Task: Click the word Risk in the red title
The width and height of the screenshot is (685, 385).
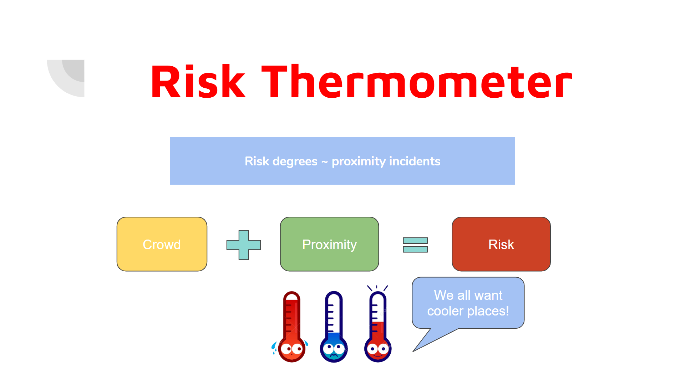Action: click(198, 82)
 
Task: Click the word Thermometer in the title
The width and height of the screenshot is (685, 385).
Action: click(417, 82)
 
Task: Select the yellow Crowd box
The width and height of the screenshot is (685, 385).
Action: click(162, 244)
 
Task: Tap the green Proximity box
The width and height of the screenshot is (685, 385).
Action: click(329, 244)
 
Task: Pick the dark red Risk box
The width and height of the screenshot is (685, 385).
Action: click(501, 244)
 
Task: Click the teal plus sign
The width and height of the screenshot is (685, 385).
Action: click(244, 245)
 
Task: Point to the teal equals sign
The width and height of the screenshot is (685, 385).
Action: click(415, 245)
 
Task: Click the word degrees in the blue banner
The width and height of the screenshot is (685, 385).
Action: click(295, 161)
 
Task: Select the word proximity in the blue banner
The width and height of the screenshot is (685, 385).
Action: click(359, 161)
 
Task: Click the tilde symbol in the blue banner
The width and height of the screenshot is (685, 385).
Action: click(324, 162)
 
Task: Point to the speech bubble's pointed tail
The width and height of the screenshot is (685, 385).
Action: click(413, 351)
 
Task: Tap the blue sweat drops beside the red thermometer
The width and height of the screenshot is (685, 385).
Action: click(274, 348)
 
